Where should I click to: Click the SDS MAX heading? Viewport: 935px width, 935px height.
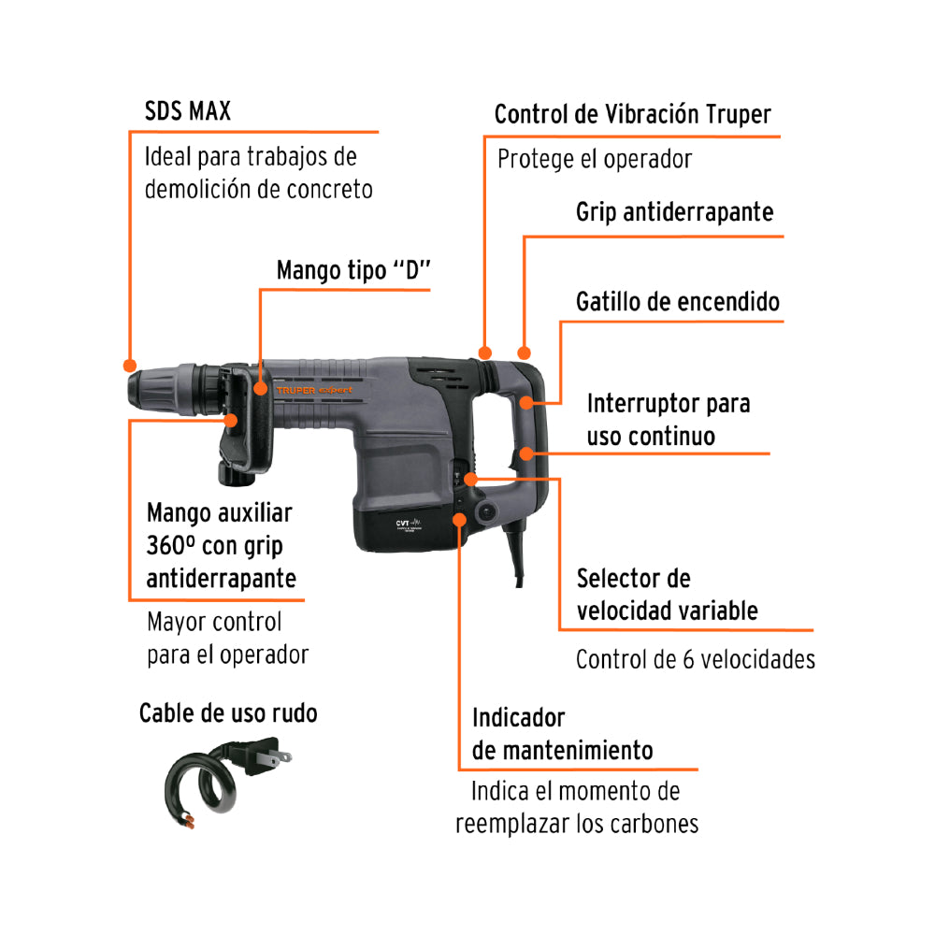[187, 111]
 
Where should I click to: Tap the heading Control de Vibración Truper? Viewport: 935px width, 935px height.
[632, 115]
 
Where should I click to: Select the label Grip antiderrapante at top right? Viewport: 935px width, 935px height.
[674, 212]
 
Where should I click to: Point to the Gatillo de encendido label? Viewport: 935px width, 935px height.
[677, 303]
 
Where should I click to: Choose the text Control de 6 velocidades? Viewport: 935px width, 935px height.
[695, 659]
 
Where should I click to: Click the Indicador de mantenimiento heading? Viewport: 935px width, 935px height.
[562, 734]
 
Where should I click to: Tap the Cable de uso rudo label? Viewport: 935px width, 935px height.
[228, 713]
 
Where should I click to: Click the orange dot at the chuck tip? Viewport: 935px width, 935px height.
[129, 364]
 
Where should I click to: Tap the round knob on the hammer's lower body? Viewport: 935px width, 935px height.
[484, 511]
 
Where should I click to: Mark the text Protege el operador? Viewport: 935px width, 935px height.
[594, 159]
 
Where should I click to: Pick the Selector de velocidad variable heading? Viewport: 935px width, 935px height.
[667, 595]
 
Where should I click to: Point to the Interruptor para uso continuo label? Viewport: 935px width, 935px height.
[668, 420]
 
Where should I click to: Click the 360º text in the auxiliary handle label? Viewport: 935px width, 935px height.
[171, 545]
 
